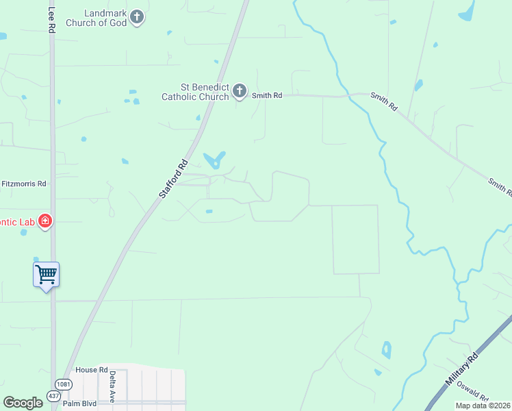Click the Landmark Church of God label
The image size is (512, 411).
[96, 18]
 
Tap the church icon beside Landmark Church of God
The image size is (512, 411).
[137, 17]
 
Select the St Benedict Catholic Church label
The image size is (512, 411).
[194, 92]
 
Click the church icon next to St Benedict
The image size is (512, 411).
[240, 91]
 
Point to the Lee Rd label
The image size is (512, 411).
[51, 21]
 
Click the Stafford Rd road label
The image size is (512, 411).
[173, 179]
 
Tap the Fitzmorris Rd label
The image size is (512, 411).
[23, 184]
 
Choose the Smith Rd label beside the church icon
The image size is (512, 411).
[267, 96]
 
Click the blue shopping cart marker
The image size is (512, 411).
[46, 275]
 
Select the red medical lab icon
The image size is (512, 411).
[45, 221]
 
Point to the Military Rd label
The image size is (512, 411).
[463, 371]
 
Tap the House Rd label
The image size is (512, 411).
[92, 370]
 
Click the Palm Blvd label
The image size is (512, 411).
[77, 403]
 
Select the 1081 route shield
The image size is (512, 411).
[64, 384]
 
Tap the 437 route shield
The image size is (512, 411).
[54, 395]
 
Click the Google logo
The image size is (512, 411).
[23, 403]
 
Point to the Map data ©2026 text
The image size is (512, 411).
[483, 406]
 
